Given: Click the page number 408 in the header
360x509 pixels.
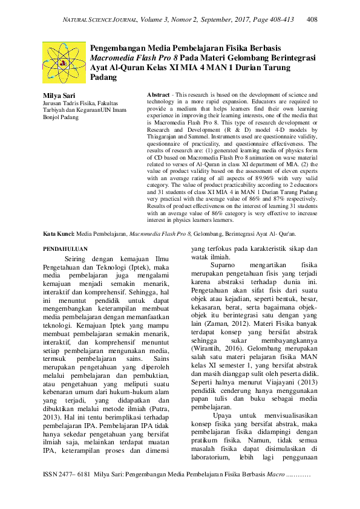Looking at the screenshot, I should pyautogui.click(x=313, y=20).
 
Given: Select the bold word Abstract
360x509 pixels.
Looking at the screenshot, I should pyautogui.click(x=158, y=96).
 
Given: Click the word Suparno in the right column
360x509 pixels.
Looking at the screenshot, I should pyautogui.click(x=224, y=265).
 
